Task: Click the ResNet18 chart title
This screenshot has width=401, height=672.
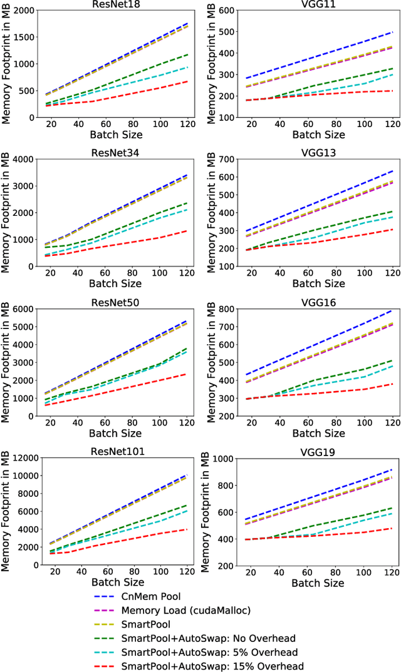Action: (115, 5)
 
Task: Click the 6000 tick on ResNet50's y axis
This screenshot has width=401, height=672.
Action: (23, 309)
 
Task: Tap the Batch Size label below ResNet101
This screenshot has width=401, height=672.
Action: (115, 583)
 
